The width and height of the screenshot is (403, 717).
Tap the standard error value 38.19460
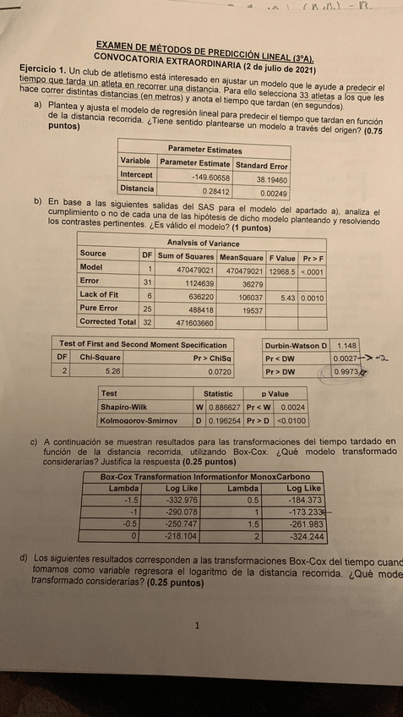click(269, 178)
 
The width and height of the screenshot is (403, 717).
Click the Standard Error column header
click(262, 165)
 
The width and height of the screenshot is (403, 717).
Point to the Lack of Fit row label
click(100, 294)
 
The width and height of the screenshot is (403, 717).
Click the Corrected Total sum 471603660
click(194, 323)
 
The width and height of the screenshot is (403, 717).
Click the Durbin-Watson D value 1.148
click(347, 345)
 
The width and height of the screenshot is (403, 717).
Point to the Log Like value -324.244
click(306, 537)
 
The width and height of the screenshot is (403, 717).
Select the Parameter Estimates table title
click(204, 150)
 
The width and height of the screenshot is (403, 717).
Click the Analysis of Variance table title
click(201, 243)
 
